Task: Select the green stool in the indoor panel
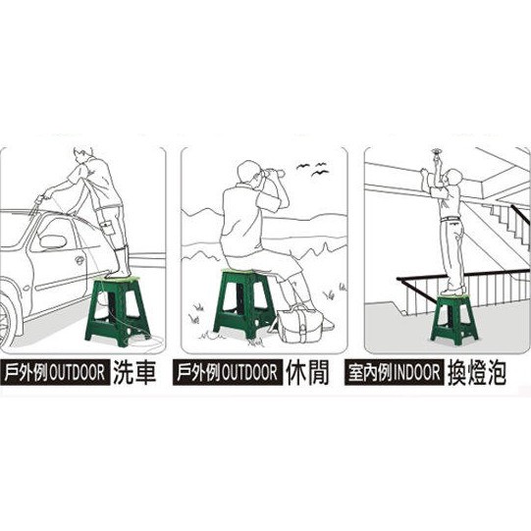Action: pos(453,318)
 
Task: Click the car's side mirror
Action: pos(53,241)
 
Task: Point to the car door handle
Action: pos(80,260)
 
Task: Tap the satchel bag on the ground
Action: pos(300,323)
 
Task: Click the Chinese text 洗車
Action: pos(134,372)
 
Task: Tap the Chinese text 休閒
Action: pos(307,372)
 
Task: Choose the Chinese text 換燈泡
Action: pos(477,373)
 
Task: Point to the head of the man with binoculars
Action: pos(249,173)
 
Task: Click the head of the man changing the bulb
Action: pos(453,177)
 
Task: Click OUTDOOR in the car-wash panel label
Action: pos(78,373)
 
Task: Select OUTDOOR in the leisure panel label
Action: pos(249,373)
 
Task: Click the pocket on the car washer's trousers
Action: pos(109,227)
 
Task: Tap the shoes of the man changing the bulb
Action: pos(451,292)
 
